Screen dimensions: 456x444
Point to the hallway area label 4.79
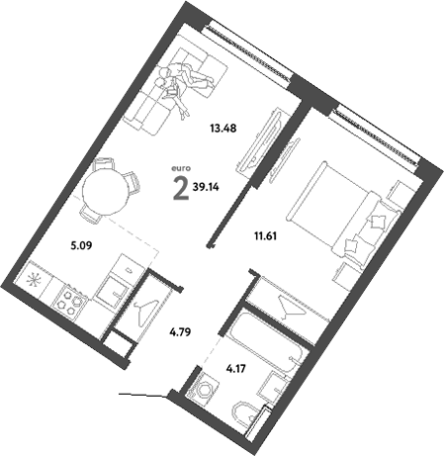pyautogui.click(x=179, y=332)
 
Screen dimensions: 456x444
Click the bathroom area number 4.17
pyautogui.click(x=236, y=370)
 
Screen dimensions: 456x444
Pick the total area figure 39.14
pyautogui.click(x=209, y=185)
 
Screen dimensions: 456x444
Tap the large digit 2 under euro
pyautogui.click(x=179, y=189)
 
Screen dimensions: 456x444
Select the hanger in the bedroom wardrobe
pyautogui.click(x=287, y=307)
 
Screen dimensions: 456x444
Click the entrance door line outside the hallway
pyautogui.click(x=140, y=397)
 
